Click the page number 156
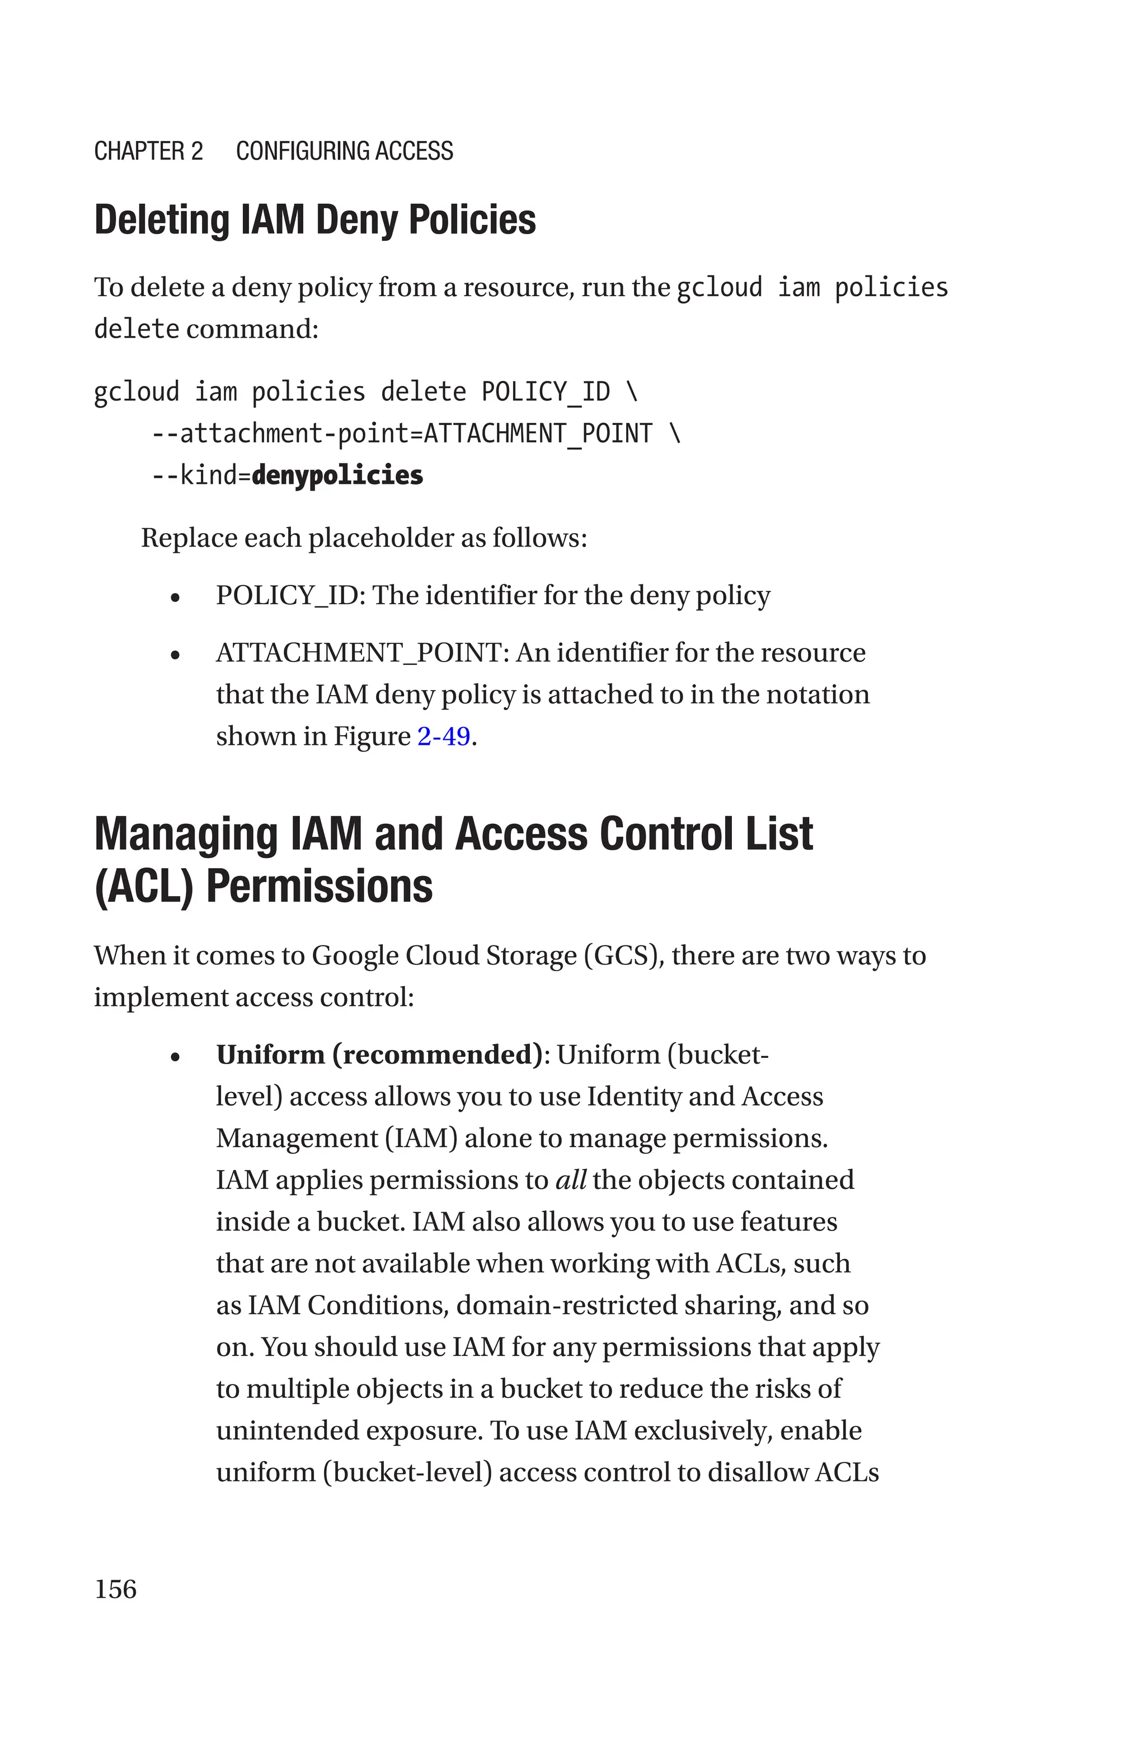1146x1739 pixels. (x=115, y=1588)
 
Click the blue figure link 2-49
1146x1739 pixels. (x=444, y=736)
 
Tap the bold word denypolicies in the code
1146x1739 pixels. (x=337, y=475)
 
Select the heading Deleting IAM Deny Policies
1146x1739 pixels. (x=315, y=220)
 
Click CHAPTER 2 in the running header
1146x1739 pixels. (x=148, y=151)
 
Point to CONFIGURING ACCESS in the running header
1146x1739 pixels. (x=344, y=151)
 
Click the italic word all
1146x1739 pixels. (x=571, y=1179)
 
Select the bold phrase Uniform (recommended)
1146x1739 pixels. (x=379, y=1055)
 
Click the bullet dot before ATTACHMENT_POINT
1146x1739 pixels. (x=175, y=655)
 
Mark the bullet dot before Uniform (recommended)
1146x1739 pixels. (x=175, y=1057)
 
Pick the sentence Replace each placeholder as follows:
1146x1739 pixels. (x=364, y=538)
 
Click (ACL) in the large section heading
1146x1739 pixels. (x=144, y=887)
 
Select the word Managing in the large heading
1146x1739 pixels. (x=186, y=834)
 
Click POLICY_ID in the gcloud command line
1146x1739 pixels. (x=545, y=392)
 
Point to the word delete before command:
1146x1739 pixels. (x=137, y=329)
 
